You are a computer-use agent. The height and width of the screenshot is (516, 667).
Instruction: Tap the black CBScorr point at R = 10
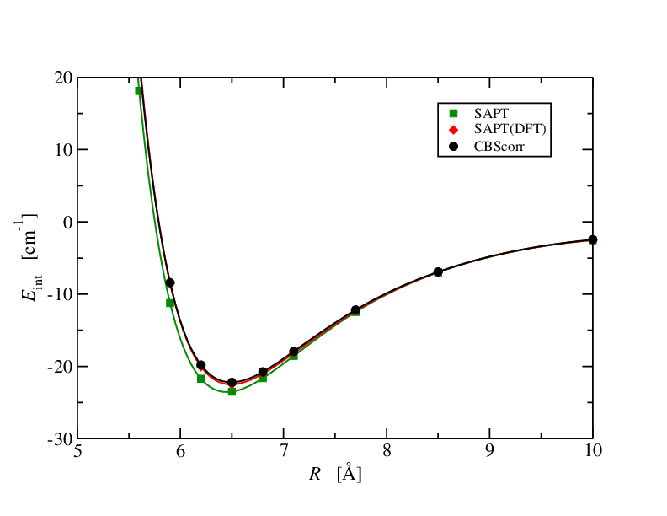tap(592, 239)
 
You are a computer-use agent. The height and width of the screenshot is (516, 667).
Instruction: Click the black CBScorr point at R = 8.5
tap(438, 271)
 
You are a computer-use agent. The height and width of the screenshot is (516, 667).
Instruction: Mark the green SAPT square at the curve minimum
tap(232, 391)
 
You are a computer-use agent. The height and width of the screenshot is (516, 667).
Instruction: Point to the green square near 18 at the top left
tap(139, 91)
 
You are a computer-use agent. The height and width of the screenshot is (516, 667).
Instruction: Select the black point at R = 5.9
tap(170, 282)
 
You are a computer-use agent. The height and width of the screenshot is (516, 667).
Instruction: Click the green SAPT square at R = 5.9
tap(170, 303)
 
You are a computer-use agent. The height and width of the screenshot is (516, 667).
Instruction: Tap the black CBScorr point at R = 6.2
tap(200, 365)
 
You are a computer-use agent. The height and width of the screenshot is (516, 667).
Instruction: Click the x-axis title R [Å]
tap(335, 474)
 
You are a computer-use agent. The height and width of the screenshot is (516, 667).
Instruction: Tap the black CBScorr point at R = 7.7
tap(355, 310)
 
